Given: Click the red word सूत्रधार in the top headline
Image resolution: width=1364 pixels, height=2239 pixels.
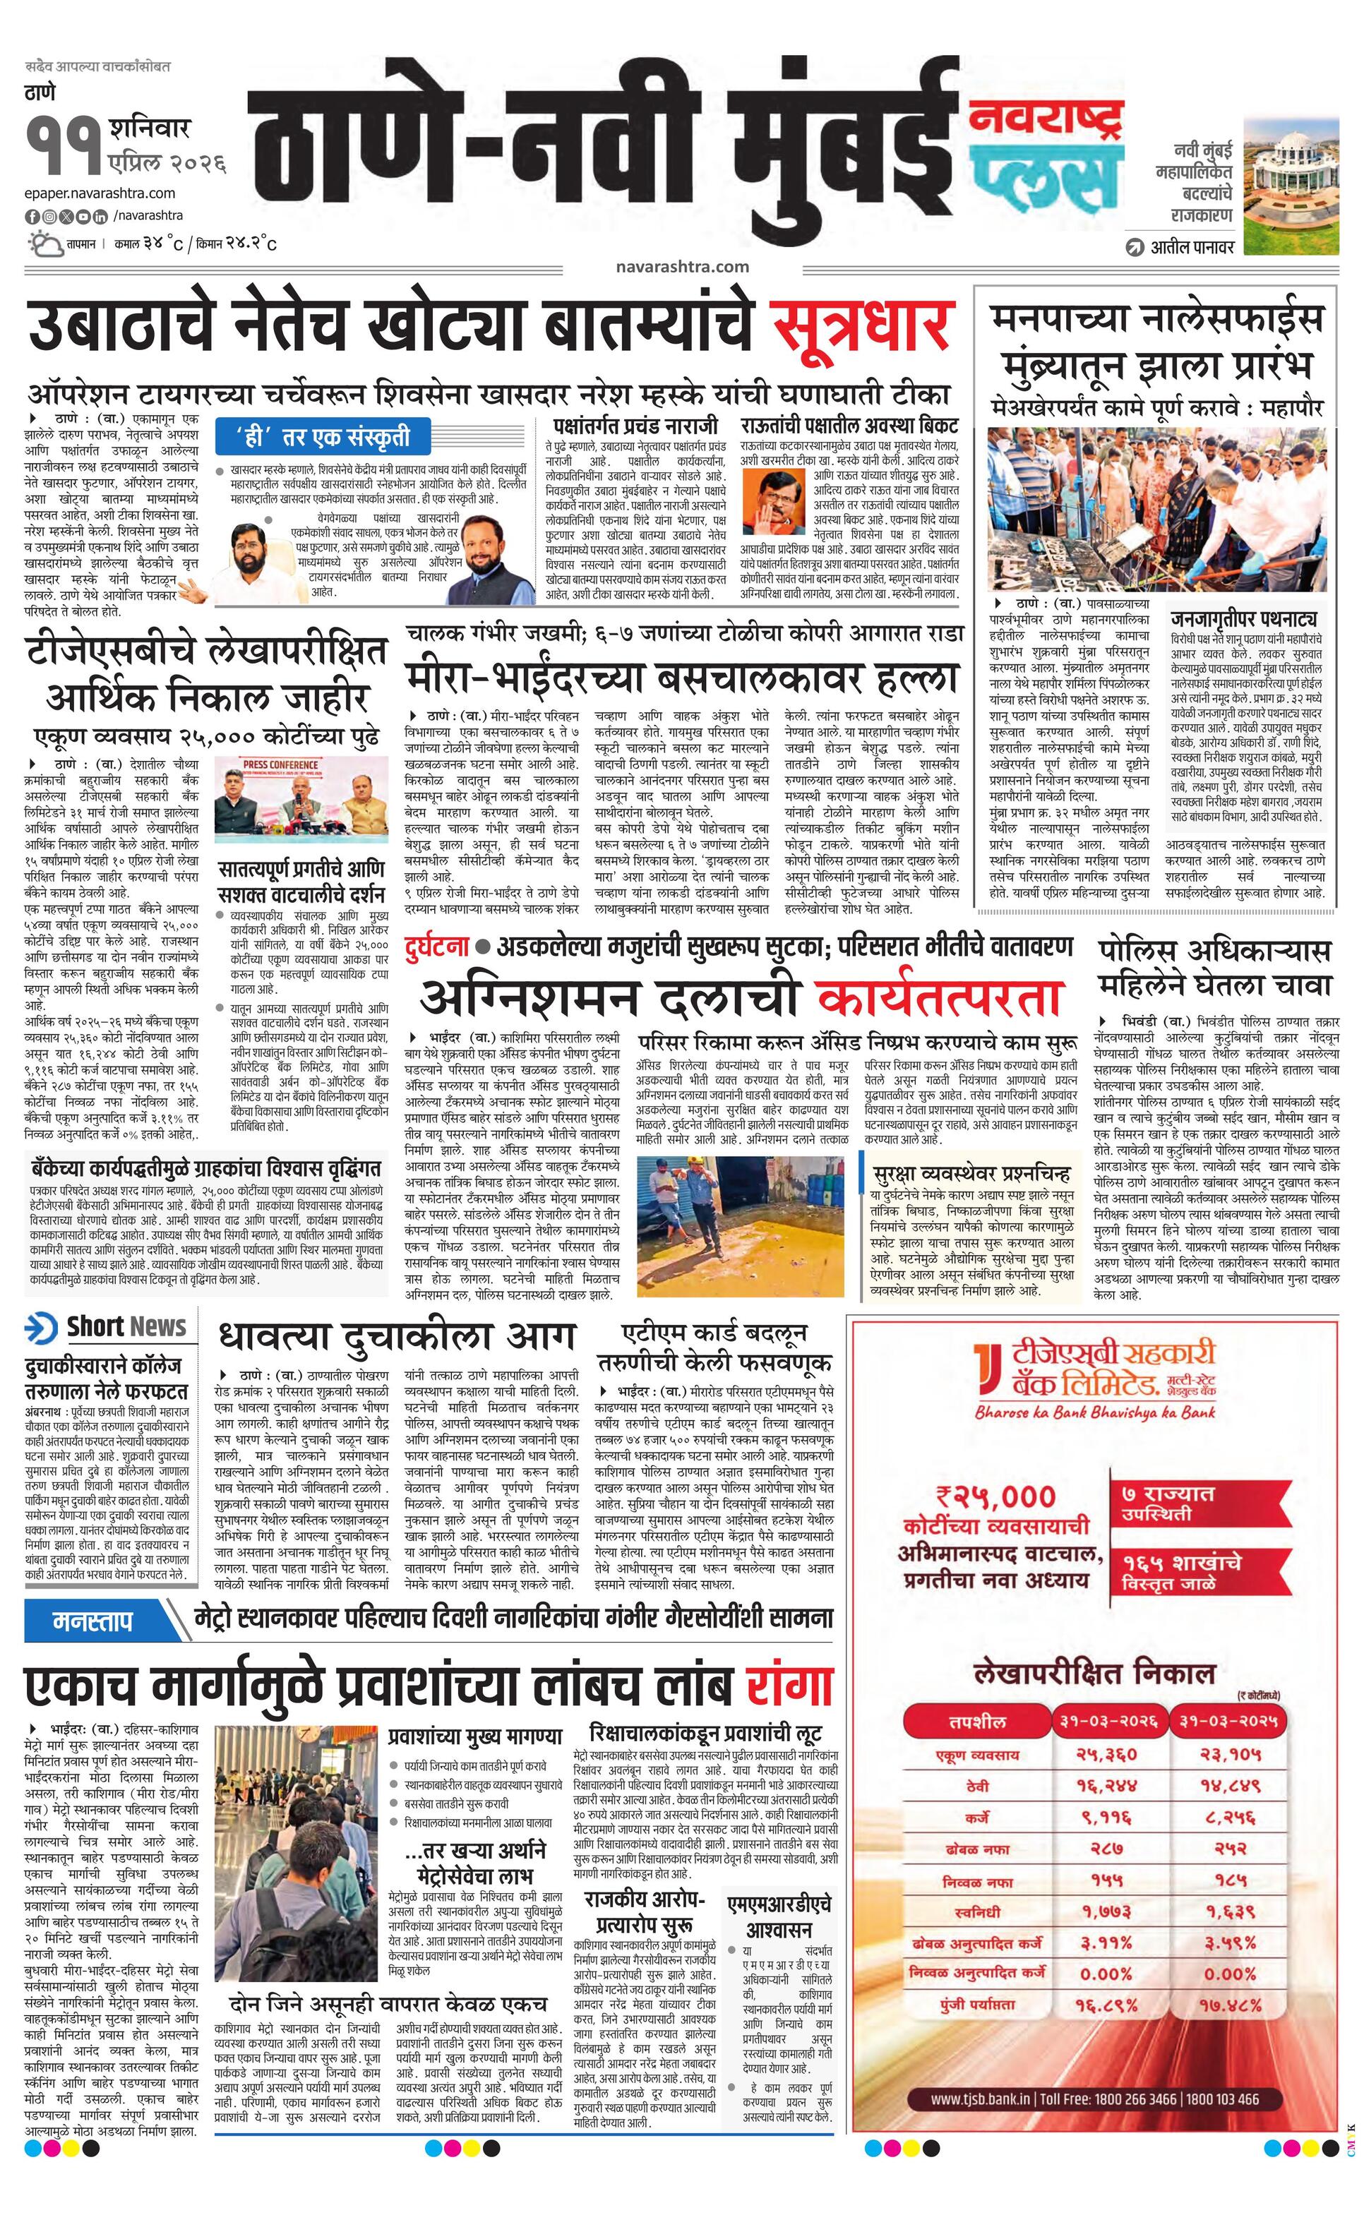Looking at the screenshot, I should coord(861,325).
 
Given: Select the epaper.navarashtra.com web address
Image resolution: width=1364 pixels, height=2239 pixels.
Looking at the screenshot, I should coord(101,193).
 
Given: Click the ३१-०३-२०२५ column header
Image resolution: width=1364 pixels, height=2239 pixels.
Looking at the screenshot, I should coord(1230,1720).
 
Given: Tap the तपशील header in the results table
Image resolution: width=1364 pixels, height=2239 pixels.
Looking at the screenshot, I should coord(977,1721).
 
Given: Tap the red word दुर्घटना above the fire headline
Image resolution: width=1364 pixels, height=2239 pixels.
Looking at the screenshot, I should coord(438,947).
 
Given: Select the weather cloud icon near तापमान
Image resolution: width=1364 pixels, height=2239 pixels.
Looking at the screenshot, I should coord(44,244).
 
